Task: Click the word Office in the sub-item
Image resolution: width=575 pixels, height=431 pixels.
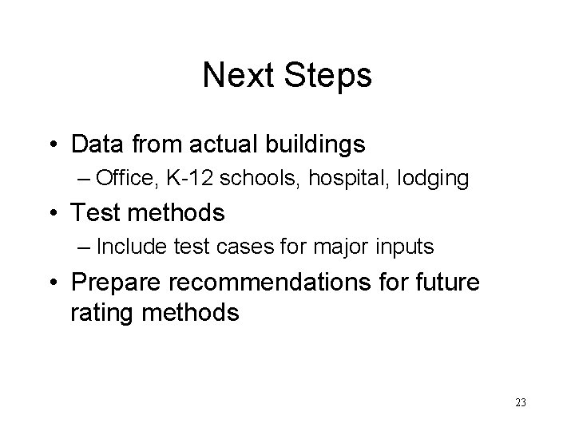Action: pos(120,179)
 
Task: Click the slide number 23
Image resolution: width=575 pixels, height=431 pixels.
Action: pos(520,403)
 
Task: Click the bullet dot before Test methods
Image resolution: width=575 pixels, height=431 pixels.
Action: pos(54,214)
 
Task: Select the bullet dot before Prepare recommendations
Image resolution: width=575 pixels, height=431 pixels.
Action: pos(54,283)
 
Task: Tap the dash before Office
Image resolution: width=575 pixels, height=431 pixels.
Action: pos(85,180)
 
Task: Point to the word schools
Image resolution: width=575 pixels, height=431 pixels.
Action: pos(253,179)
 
